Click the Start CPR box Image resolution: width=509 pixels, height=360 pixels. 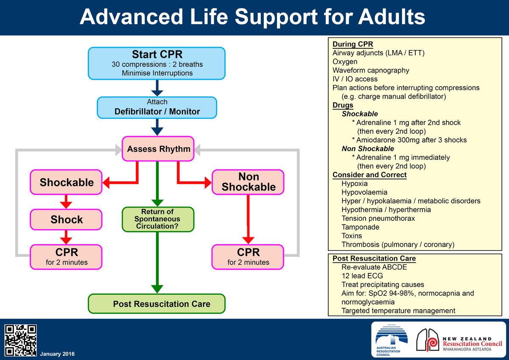coord(157,64)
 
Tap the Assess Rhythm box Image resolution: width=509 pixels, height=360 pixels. coord(158,149)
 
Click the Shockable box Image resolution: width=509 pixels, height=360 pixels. coord(66,182)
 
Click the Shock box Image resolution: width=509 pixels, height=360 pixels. coord(66,219)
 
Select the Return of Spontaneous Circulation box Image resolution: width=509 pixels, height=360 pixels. coord(157,219)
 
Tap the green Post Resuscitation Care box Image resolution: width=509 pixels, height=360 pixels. coord(157,304)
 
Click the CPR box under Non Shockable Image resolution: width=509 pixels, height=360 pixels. coord(248,256)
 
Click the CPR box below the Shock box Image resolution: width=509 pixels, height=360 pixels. coord(66,256)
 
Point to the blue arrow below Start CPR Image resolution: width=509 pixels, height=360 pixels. coord(157,88)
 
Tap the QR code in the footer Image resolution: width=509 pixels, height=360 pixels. coord(20,340)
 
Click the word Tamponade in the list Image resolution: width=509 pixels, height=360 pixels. coord(360,227)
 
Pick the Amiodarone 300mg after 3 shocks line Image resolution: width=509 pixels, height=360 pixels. coord(409,140)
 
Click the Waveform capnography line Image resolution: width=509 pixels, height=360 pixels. coord(371,70)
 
